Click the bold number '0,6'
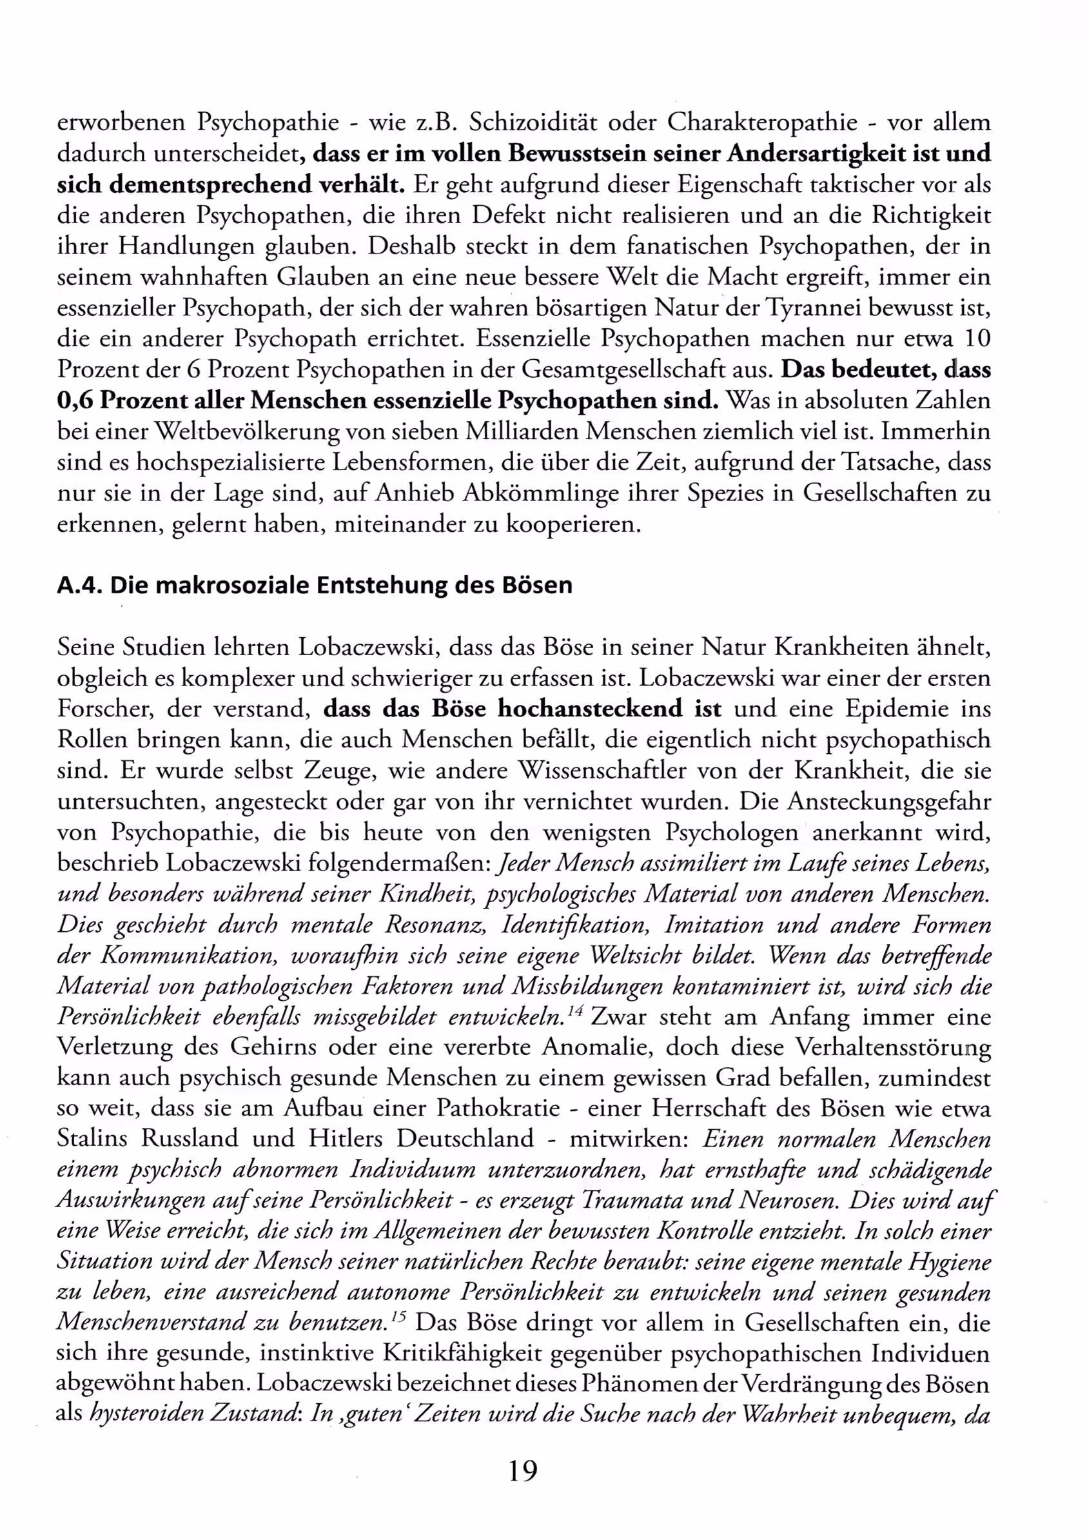[75, 400]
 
